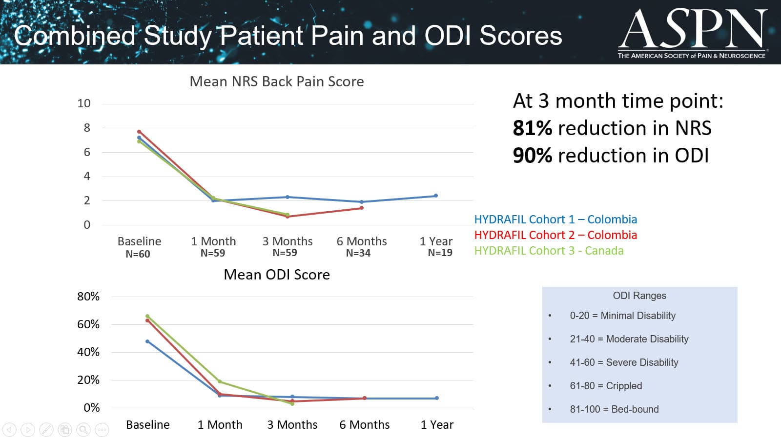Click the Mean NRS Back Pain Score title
pyautogui.click(x=276, y=81)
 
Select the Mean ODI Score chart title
pyautogui.click(x=276, y=275)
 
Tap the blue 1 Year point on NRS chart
pyautogui.click(x=436, y=196)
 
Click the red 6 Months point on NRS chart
pyautogui.click(x=362, y=208)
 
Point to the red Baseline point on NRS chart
pyautogui.click(x=139, y=132)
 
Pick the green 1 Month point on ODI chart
pyautogui.click(x=220, y=381)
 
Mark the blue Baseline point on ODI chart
pyautogui.click(x=147, y=341)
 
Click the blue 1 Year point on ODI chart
pyautogui.click(x=437, y=398)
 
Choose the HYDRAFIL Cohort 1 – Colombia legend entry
pyautogui.click(x=555, y=219)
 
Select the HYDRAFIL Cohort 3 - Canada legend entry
pyautogui.click(x=549, y=251)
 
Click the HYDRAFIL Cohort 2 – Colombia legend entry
pyautogui.click(x=555, y=235)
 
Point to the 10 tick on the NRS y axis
pyautogui.click(x=84, y=103)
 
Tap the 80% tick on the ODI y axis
pyautogui.click(x=88, y=297)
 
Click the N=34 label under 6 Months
pyautogui.click(x=358, y=253)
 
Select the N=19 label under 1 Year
pyautogui.click(x=440, y=253)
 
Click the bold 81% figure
pyautogui.click(x=533, y=128)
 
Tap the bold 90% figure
pyautogui.click(x=533, y=156)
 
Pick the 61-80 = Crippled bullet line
pyautogui.click(x=606, y=386)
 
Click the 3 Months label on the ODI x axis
pyautogui.click(x=292, y=425)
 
